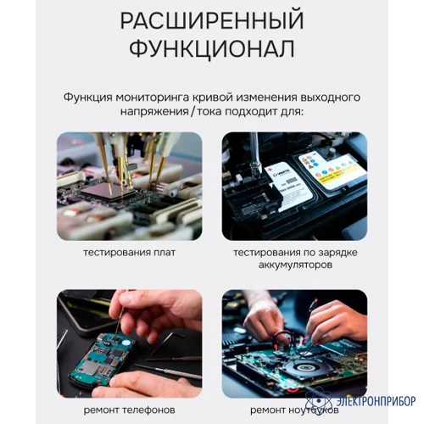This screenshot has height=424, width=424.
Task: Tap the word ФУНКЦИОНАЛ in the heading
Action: click(212, 48)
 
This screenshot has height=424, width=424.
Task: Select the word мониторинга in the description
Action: click(153, 98)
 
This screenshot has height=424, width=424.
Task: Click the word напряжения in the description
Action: click(154, 112)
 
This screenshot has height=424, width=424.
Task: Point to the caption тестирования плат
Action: click(130, 253)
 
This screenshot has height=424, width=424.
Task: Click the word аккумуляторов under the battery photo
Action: click(295, 265)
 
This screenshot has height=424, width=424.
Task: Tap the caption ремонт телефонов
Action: click(129, 410)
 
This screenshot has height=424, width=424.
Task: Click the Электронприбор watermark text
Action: click(376, 401)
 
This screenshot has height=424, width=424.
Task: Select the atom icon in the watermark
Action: click(319, 400)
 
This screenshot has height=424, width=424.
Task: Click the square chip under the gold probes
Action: click(108, 191)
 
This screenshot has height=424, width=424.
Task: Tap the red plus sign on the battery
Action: click(270, 170)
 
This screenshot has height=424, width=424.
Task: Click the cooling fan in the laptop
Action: click(304, 366)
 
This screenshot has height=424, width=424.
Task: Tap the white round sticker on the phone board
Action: click(126, 343)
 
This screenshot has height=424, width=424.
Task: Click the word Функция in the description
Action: click(88, 98)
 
